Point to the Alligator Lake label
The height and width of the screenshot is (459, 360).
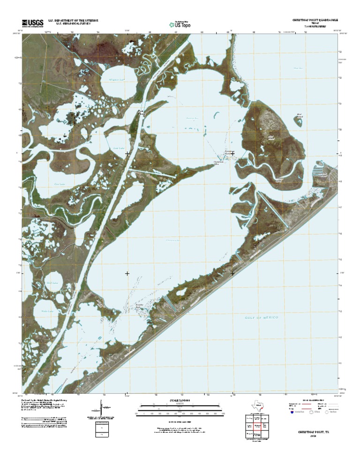[x=115, y=80]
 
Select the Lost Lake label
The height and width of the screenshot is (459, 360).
[x=119, y=148]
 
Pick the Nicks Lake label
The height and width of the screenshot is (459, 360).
[x=46, y=311]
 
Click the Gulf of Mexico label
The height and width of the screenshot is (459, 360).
[x=262, y=318]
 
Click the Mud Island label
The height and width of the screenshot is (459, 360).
[x=270, y=136]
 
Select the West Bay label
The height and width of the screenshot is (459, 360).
[x=296, y=68]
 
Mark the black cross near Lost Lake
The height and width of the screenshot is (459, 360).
[x=127, y=153]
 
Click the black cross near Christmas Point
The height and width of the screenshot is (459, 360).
[x=232, y=153]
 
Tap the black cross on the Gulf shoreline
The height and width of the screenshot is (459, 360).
[x=232, y=273]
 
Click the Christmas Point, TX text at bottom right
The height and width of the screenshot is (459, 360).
[x=308, y=430]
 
